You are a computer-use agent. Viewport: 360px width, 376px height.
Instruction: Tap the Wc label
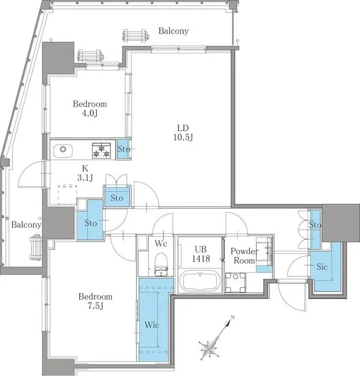tap(162, 243)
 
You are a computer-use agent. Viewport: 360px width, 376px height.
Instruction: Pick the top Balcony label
tap(173, 31)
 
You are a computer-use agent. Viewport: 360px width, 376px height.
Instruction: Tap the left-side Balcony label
tap(26, 224)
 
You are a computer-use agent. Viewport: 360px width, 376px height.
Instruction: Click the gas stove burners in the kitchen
tap(100, 151)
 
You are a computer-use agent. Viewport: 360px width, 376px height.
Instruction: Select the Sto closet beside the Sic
tap(315, 225)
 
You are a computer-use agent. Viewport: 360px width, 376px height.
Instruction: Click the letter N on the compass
tap(233, 318)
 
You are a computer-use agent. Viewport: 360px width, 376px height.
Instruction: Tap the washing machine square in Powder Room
tap(237, 281)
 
